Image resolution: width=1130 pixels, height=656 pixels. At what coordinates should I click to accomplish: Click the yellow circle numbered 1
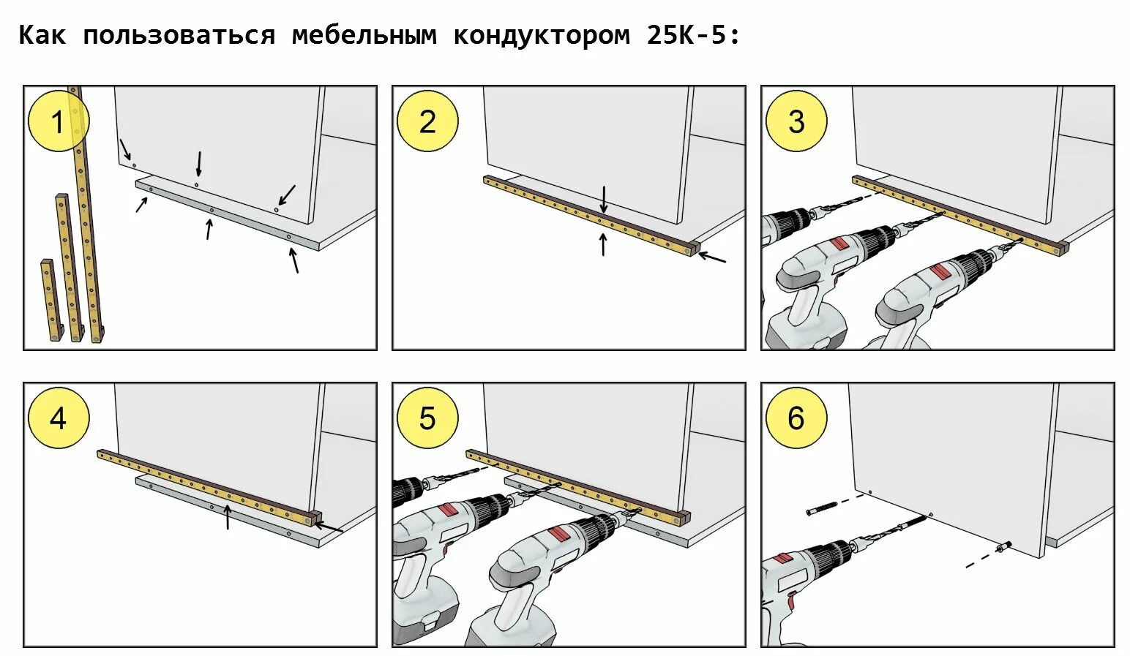(58, 121)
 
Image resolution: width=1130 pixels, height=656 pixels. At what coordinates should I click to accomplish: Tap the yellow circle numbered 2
(427, 121)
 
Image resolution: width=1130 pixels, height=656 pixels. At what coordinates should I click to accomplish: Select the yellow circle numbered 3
(796, 121)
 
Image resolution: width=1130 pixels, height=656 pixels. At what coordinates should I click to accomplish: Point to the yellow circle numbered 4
(58, 418)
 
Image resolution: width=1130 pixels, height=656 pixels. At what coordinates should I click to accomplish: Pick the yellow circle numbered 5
(427, 418)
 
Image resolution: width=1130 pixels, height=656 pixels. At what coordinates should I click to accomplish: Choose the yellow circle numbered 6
(796, 418)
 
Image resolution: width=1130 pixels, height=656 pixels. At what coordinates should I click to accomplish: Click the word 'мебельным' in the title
(364, 35)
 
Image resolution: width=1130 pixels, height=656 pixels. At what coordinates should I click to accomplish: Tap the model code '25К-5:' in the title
(693, 35)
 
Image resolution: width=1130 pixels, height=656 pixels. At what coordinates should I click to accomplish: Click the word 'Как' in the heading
(42, 35)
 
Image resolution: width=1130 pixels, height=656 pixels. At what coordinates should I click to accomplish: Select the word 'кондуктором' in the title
(541, 35)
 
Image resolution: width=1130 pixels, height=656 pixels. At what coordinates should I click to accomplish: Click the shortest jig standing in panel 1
(49, 300)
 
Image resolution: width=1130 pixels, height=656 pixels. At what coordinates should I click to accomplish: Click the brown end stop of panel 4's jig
(315, 518)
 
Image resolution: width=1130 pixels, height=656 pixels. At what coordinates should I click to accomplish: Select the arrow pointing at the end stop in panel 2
(712, 257)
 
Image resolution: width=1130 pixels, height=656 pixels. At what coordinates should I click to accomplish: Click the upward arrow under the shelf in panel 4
(228, 518)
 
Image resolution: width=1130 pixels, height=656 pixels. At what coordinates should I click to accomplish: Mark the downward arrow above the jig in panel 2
(604, 199)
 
